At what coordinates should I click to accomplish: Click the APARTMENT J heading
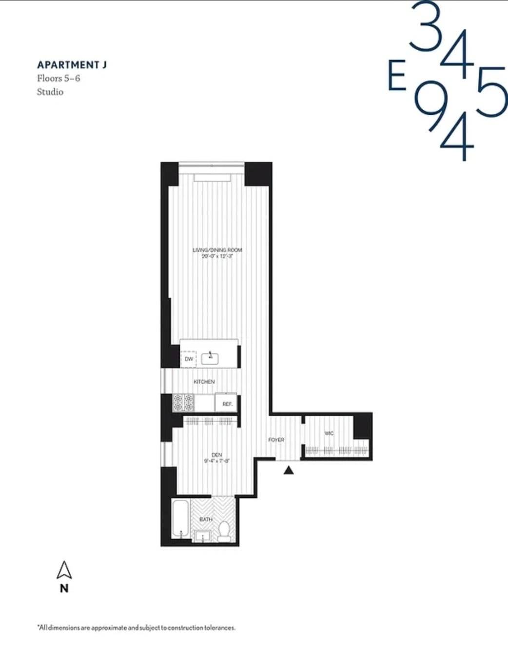pos(72,65)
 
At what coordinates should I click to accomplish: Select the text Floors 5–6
pos(58,78)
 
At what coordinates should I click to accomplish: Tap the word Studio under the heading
pos(50,92)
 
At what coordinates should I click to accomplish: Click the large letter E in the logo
pos(397,76)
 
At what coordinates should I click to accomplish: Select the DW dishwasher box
pos(189,359)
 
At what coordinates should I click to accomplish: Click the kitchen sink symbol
pos(210,358)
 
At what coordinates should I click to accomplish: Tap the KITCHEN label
pos(204,382)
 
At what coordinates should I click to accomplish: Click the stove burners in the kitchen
pos(183,403)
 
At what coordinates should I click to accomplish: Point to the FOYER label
pos(276,440)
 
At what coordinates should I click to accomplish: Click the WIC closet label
pos(329,433)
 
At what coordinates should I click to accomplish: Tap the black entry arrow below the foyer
pos(289,471)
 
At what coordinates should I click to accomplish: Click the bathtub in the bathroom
pos(180,519)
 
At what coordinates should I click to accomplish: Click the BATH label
pos(206,519)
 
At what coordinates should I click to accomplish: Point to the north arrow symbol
pos(64,571)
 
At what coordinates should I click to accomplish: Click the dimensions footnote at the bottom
pos(137,628)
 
